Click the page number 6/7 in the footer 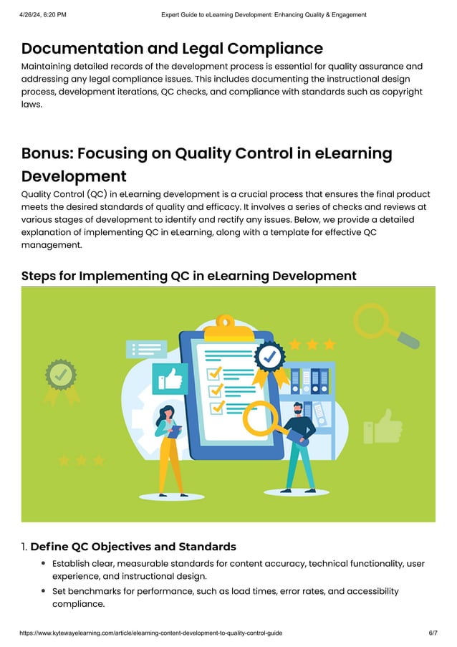(433, 633)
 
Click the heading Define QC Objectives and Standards (133, 547)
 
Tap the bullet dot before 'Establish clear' (44, 564)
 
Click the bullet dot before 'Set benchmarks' (44, 592)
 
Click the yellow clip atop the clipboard (226, 323)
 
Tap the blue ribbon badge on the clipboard (271, 357)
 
